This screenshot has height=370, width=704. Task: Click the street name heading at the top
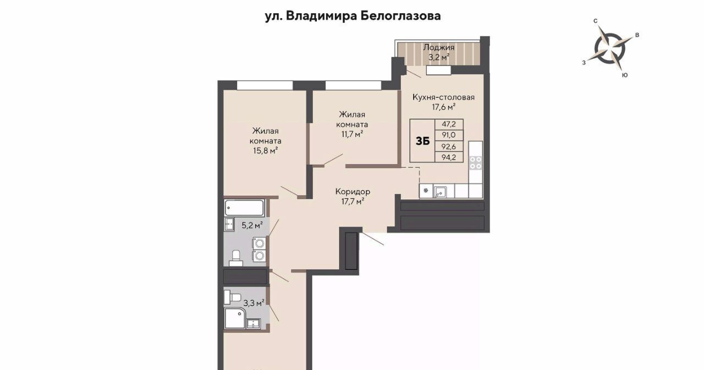click(x=353, y=16)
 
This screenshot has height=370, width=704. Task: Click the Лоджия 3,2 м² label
click(x=439, y=52)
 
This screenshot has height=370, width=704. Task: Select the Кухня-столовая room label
click(x=443, y=97)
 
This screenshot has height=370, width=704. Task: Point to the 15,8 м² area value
click(x=265, y=151)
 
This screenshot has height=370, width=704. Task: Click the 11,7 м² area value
click(x=353, y=134)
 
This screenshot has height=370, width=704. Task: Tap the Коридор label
click(x=353, y=191)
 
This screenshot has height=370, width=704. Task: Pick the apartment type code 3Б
click(x=422, y=142)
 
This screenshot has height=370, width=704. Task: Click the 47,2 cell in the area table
click(x=449, y=124)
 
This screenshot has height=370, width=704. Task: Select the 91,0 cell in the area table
click(x=449, y=135)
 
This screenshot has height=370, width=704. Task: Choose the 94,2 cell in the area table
click(x=449, y=157)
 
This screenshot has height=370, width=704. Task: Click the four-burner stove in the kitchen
click(x=476, y=162)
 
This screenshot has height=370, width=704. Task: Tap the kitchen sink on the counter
click(x=440, y=192)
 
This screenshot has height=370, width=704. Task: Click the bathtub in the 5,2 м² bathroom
click(x=244, y=208)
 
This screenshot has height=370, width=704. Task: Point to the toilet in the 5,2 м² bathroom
click(x=236, y=258)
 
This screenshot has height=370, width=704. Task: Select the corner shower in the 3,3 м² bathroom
click(x=235, y=318)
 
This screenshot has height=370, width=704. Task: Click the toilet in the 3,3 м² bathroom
click(x=232, y=297)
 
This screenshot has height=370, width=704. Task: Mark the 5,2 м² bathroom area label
click(x=252, y=225)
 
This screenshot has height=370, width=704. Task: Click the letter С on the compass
click(x=595, y=21)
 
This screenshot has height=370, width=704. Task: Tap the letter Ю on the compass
click(x=625, y=75)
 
